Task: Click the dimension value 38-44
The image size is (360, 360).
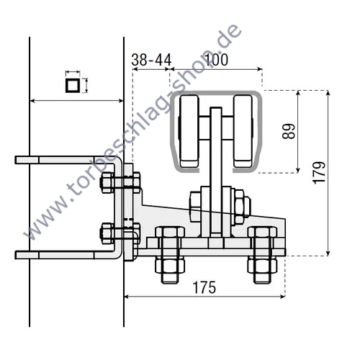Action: click(x=151, y=60)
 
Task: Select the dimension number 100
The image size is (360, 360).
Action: click(x=217, y=60)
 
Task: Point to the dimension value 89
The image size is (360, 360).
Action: click(x=289, y=131)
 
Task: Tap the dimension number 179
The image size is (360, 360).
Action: click(x=319, y=173)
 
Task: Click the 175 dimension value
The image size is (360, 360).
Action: click(x=204, y=287)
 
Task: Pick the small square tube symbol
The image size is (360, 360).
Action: click(x=72, y=85)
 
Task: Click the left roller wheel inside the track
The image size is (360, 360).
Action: click(x=189, y=131)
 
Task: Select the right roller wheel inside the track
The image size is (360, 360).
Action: click(x=243, y=131)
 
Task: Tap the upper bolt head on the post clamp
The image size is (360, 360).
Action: click(x=107, y=183)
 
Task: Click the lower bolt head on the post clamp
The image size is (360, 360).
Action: click(x=107, y=233)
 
